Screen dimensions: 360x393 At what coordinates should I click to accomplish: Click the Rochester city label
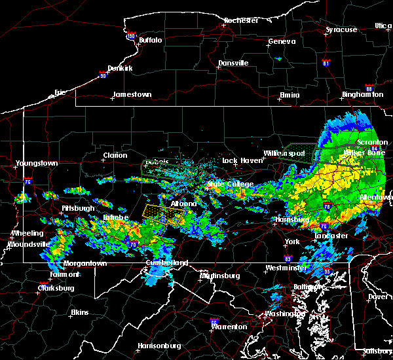(x=241, y=20)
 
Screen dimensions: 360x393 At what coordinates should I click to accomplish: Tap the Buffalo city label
(x=150, y=41)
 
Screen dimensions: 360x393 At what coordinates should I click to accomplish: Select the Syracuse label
(x=341, y=29)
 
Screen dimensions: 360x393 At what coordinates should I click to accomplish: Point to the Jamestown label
(x=132, y=94)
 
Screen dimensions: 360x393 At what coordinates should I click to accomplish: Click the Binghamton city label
(x=362, y=94)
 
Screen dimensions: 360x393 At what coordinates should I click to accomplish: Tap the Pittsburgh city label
(x=78, y=208)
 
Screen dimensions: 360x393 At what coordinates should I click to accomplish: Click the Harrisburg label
(x=292, y=220)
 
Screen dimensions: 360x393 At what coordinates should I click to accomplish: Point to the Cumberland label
(x=166, y=262)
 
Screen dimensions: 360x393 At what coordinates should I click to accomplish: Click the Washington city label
(x=284, y=314)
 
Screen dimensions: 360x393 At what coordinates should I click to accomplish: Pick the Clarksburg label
(x=56, y=288)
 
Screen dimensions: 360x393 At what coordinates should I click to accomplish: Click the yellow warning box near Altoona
(x=162, y=215)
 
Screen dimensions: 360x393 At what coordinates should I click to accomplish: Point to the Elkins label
(x=80, y=312)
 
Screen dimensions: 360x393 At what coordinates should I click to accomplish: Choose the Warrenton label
(x=229, y=326)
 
